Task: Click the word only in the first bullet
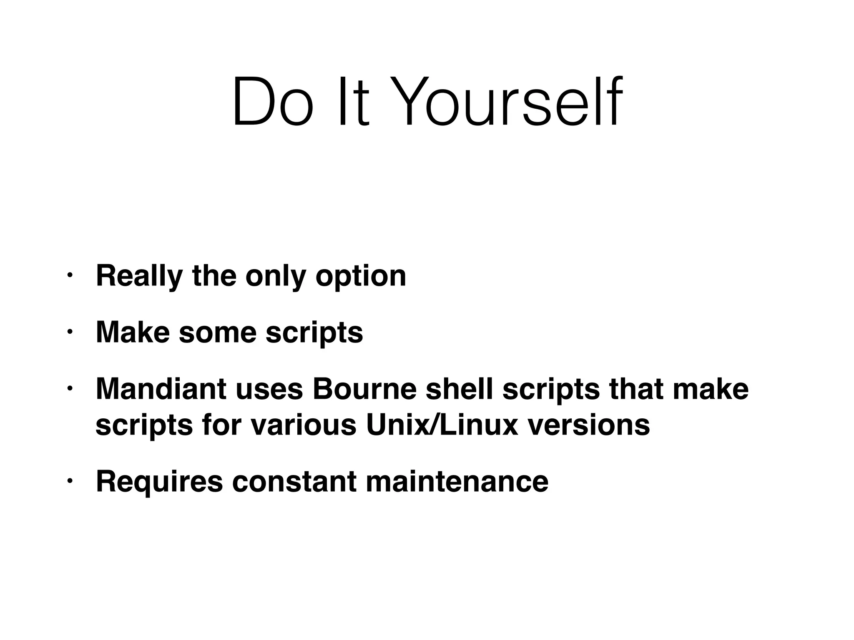pyautogui.click(x=276, y=276)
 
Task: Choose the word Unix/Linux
pyautogui.click(x=442, y=425)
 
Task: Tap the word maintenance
pyautogui.click(x=457, y=481)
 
